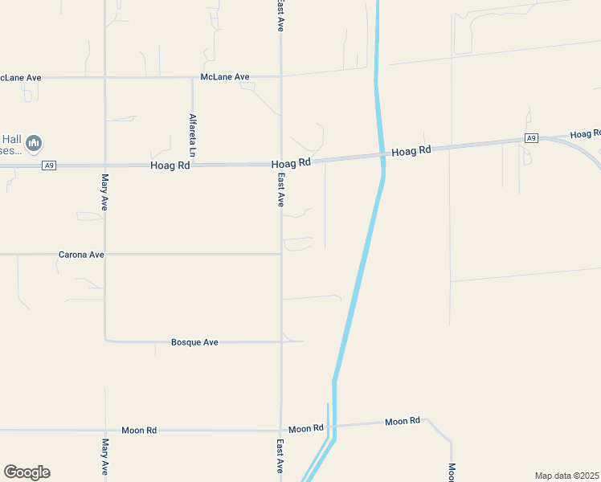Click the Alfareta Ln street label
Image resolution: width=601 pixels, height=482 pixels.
pyautogui.click(x=193, y=128)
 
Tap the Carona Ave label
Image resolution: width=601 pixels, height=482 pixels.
pyautogui.click(x=81, y=255)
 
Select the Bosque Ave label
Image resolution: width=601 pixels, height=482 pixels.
pyautogui.click(x=194, y=342)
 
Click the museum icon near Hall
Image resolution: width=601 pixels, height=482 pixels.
pyautogui.click(x=34, y=144)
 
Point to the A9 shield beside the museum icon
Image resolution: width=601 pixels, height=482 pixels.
pyautogui.click(x=50, y=165)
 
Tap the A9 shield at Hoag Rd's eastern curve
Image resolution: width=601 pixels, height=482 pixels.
pyautogui.click(x=530, y=138)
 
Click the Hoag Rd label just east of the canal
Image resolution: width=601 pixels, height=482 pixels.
pyautogui.click(x=411, y=150)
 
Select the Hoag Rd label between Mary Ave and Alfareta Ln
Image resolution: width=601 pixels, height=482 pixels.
pyautogui.click(x=170, y=165)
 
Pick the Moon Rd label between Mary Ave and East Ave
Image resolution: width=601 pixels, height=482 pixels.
pyautogui.click(x=139, y=431)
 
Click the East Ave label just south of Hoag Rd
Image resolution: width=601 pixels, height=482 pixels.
pyautogui.click(x=281, y=190)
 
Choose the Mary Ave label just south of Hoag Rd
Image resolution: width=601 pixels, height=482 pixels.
pyautogui.click(x=104, y=192)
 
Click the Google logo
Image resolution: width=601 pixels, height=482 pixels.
pyautogui.click(x=27, y=472)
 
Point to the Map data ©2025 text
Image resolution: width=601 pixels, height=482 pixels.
pyautogui.click(x=566, y=476)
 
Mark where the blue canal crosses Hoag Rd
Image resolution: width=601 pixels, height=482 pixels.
pyautogui.click(x=382, y=156)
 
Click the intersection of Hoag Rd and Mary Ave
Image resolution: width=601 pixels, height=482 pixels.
pyautogui.click(x=104, y=165)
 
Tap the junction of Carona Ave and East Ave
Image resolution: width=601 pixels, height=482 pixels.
pyautogui.click(x=280, y=255)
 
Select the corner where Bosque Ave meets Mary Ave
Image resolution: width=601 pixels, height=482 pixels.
pyautogui.click(x=105, y=341)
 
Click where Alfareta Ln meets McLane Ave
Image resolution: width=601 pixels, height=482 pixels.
pyautogui.click(x=192, y=78)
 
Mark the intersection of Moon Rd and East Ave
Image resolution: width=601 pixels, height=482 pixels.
pyautogui.click(x=280, y=431)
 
